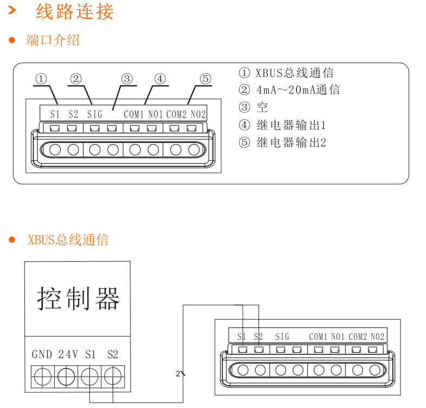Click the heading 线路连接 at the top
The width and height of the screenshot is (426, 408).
point(75,11)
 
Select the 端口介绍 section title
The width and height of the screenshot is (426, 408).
point(53,40)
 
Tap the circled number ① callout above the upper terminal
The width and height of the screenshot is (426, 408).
point(42,79)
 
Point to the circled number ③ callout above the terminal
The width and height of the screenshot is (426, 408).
point(127,79)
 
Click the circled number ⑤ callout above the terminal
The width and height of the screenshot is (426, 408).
point(205,79)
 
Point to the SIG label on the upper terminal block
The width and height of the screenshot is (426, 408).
point(94,114)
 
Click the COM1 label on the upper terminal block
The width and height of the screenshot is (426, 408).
point(134,114)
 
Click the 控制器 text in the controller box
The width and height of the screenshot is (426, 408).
point(78,298)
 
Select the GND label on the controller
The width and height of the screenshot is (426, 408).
point(42,355)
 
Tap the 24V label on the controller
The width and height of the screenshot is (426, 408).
point(68,355)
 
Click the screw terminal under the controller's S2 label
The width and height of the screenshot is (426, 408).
point(112,375)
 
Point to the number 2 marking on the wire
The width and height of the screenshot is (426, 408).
point(178,373)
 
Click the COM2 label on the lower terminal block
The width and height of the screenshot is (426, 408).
point(358,337)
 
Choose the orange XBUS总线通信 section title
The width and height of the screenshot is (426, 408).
point(68,240)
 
